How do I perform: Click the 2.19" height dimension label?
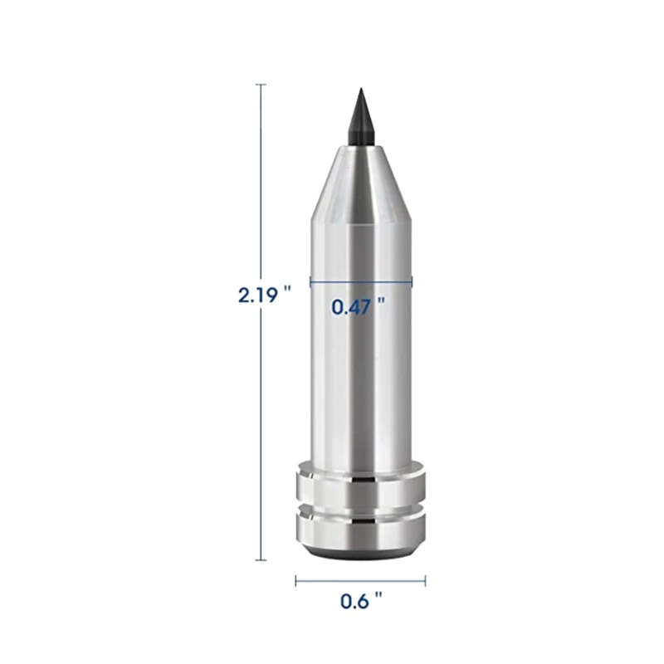[x=265, y=295]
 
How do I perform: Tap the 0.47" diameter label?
[x=359, y=306]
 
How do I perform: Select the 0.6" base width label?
[x=361, y=601]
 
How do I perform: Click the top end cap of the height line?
[x=261, y=85]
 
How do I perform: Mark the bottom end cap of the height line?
[x=261, y=560]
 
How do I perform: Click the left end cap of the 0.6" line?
[x=295, y=581]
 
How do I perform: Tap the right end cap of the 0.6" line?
[x=425, y=581]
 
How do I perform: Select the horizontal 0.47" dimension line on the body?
[x=361, y=280]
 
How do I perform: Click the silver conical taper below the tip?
[x=361, y=182]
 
